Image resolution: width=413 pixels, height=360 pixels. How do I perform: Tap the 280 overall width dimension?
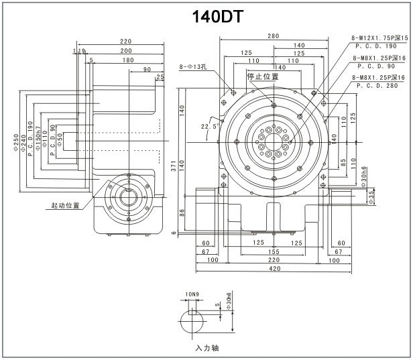click(272, 36)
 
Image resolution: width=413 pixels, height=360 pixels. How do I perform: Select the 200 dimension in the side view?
click(125, 51)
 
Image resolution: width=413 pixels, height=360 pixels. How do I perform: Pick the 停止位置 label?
click(263, 76)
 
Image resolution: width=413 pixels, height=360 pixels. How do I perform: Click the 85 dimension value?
click(343, 161)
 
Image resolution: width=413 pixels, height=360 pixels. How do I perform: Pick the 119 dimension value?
click(79, 51)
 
